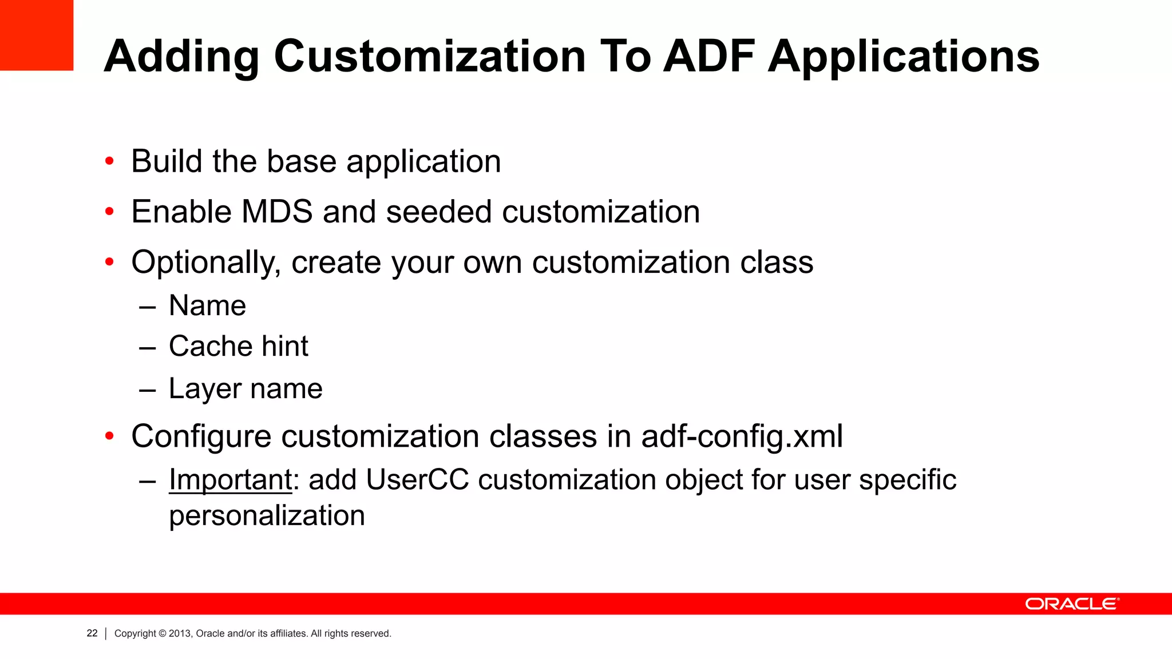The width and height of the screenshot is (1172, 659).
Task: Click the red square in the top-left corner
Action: point(36,34)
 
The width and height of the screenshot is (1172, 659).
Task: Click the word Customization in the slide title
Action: point(430,57)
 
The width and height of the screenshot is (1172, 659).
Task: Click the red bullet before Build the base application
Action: point(109,161)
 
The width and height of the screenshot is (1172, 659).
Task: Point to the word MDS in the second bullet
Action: point(277,212)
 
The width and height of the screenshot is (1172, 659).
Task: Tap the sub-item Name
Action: point(207,305)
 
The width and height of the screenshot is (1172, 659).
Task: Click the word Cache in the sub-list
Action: point(210,346)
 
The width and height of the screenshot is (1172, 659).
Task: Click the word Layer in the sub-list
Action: point(205,390)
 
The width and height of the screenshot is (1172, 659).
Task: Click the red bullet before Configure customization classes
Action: point(109,437)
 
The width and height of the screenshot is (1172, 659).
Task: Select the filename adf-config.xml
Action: point(742,436)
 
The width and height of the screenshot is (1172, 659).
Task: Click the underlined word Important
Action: point(231,479)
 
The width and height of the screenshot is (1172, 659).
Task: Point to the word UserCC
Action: point(417,479)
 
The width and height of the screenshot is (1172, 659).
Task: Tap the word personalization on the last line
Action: point(267,515)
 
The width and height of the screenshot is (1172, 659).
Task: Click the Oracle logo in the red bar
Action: point(1071,604)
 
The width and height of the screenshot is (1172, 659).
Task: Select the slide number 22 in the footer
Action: point(92,633)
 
